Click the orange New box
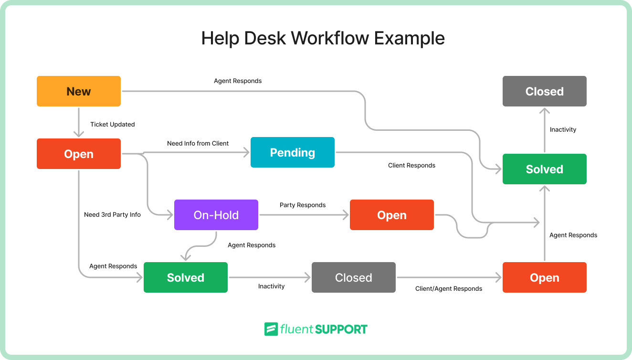coord(79,91)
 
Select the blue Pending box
coord(292,152)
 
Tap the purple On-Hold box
coord(216,215)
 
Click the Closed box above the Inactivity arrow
coord(544,91)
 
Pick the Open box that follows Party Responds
coord(391,215)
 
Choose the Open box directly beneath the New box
coord(79,154)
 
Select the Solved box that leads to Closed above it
coord(544,169)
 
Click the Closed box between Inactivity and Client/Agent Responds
coord(353,277)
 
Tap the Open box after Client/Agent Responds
coord(544,277)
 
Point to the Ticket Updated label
coord(113,125)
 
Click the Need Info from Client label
coord(198,143)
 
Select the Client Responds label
coord(411,165)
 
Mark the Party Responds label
coord(303,205)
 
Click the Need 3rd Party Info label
coord(112,214)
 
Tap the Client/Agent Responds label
coord(449,288)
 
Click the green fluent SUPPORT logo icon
coord(271,329)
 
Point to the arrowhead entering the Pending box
coord(247,152)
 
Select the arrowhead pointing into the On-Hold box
coord(170,215)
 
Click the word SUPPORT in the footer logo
coord(341,329)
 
